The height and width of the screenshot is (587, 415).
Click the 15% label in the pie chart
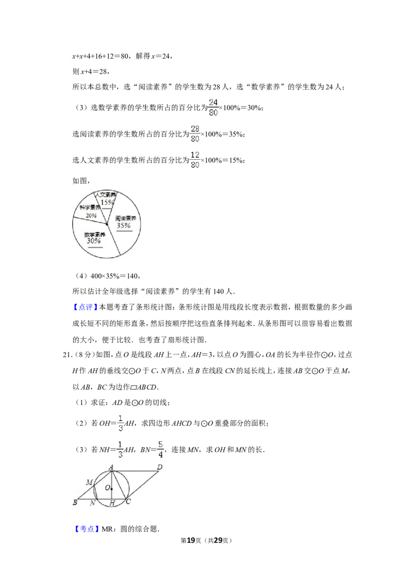(107, 203)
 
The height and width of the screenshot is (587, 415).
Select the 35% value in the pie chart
(123, 226)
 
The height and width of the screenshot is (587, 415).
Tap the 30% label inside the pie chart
(94, 241)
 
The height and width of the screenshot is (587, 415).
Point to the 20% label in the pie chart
(91, 216)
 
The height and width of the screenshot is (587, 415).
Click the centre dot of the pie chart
(107, 224)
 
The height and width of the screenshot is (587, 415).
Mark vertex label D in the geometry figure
(160, 467)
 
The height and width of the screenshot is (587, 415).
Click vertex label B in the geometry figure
(75, 502)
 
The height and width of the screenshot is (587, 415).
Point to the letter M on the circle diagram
(89, 482)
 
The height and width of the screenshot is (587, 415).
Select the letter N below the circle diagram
(92, 504)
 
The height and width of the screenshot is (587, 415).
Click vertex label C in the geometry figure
(128, 501)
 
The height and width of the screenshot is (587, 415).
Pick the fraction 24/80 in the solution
(213, 107)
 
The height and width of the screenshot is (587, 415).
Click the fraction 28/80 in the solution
(195, 134)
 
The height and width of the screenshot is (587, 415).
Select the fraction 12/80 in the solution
(195, 160)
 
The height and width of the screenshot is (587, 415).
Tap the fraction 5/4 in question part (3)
(160, 449)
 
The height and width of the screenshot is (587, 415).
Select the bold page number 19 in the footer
(191, 540)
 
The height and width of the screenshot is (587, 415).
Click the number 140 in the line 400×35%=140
(132, 276)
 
